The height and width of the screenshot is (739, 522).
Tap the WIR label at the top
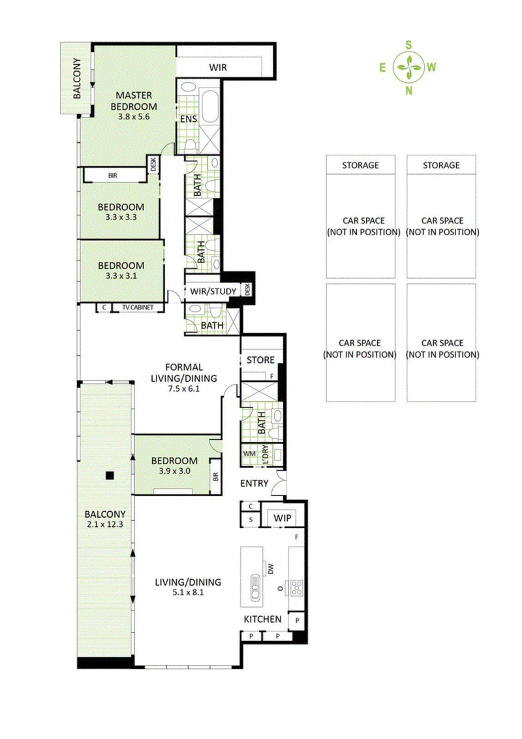tap(217, 67)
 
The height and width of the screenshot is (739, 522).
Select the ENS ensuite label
tap(187, 119)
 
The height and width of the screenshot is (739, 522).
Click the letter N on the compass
tap(409, 90)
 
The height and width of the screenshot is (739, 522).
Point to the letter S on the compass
tap(409, 44)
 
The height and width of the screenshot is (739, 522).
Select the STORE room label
tap(260, 360)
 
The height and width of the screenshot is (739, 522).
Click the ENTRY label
tap(254, 483)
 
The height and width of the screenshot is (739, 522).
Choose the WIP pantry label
tap(282, 518)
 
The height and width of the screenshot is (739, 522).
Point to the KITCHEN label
tap(262, 619)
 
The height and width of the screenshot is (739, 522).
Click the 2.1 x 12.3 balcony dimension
tap(105, 524)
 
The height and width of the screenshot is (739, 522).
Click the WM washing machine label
tap(249, 453)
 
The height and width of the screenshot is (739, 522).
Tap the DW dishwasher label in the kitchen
tap(270, 569)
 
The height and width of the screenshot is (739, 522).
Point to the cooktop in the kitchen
tap(296, 587)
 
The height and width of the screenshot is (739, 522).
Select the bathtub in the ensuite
tap(210, 107)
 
